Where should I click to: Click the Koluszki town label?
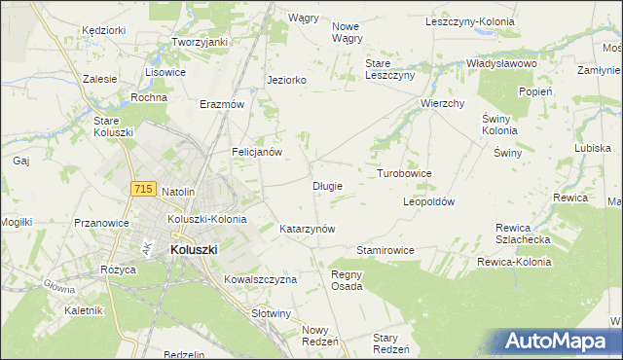coord(194,249)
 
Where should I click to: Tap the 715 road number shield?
coord(142,189)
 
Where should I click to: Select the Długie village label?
coord(327,185)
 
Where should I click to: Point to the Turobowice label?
coord(404,173)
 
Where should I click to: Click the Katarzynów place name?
coord(308,230)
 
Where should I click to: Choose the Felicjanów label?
coord(257,153)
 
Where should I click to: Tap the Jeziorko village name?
coord(287,81)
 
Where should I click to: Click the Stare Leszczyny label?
coord(390,69)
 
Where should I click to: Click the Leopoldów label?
coord(429,201)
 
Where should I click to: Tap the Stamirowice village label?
coord(385,250)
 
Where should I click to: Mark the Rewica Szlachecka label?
coord(524,233)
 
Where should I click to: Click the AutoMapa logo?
coord(560,342)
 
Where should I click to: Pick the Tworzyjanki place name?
coord(200,43)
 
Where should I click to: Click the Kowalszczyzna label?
coord(260,279)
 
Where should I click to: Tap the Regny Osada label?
coord(347,280)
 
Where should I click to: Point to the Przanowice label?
coord(102,223)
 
